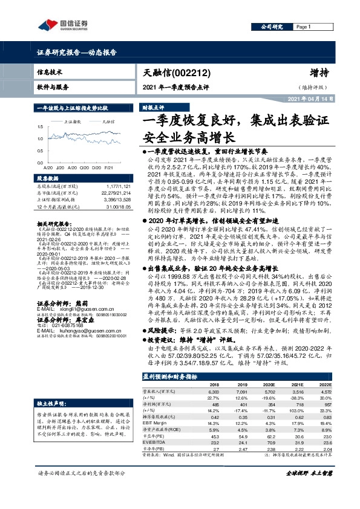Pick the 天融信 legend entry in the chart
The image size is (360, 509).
tap(106, 121)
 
